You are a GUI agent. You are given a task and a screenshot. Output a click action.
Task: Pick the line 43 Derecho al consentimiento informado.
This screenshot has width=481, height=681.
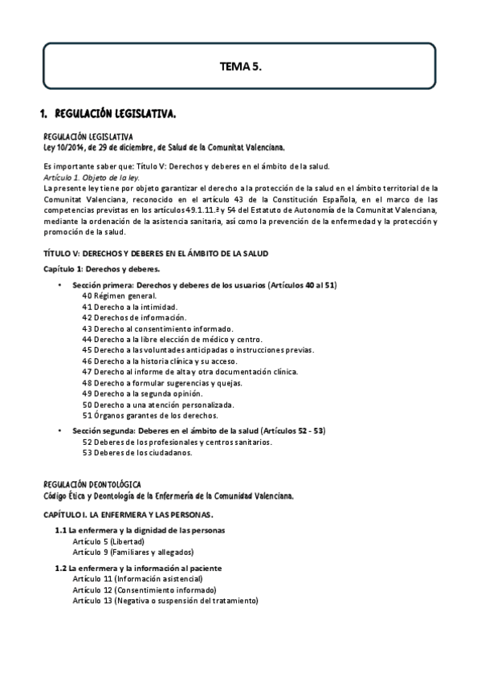157,328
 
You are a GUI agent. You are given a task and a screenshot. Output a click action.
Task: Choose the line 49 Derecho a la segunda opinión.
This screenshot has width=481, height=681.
142,394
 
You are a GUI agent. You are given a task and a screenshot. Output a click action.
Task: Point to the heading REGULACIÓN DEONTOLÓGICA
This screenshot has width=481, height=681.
92,485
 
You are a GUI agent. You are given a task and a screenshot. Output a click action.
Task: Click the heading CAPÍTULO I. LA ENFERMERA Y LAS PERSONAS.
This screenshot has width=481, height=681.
128,513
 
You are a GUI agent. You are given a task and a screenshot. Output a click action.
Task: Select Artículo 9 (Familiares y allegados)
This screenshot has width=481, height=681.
132,552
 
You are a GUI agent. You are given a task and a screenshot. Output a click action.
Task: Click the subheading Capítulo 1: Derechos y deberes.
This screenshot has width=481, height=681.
101,268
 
